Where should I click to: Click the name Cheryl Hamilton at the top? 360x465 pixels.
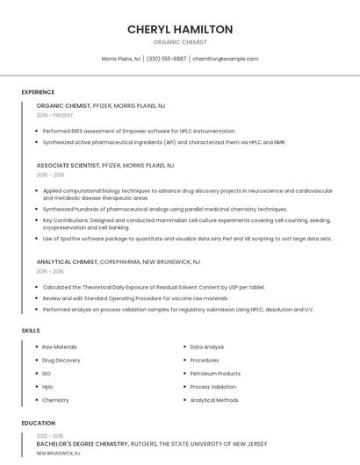coord(180,29)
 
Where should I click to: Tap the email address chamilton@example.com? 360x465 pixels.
coord(226,59)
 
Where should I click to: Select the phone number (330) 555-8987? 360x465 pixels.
coord(166,59)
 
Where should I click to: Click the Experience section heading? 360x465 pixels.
coord(38,92)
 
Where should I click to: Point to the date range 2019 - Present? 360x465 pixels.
coord(54,115)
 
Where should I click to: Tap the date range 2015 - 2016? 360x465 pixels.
coord(50,272)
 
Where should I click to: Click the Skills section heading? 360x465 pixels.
coord(31,330)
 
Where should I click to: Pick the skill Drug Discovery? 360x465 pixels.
coord(61,360)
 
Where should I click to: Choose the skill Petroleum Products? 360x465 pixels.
coord(215,373)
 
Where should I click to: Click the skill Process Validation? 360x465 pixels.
coord(213,386)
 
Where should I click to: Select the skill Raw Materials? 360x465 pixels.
coord(60,347)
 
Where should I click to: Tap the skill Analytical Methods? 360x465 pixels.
coord(214,400)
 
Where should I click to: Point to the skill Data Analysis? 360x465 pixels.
coord(207,347)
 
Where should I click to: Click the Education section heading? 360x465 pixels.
coord(38,423)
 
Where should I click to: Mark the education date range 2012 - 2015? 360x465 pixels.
coord(49,436)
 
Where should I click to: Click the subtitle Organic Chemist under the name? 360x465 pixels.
coord(180,41)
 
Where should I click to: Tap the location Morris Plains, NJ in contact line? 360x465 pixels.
coord(121,59)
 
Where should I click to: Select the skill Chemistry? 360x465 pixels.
coord(55,400)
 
